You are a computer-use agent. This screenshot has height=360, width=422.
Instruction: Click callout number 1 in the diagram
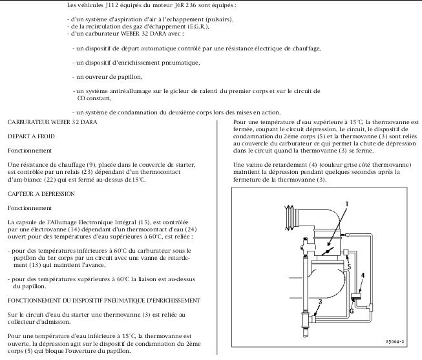[346, 203]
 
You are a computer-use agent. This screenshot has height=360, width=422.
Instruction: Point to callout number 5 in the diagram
[348, 266]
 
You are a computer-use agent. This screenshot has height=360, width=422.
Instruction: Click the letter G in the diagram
[351, 310]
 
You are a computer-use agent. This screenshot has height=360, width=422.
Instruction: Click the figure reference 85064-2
[395, 340]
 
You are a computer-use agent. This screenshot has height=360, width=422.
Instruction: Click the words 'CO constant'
[94, 98]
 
